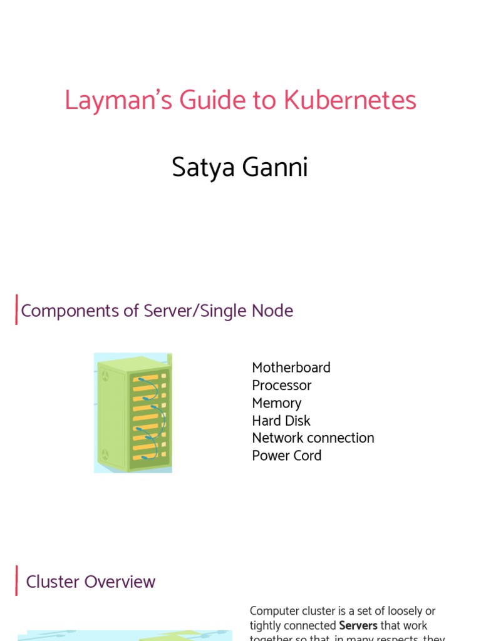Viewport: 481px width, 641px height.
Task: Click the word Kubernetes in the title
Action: tap(350, 101)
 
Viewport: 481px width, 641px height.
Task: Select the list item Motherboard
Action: tap(291, 367)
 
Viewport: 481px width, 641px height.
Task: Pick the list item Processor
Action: tap(281, 385)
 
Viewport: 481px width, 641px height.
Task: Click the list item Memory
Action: tap(276, 403)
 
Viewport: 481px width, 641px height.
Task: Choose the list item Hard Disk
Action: tap(281, 420)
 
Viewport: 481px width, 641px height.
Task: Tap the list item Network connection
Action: tap(313, 438)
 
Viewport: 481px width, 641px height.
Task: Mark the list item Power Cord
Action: tap(286, 455)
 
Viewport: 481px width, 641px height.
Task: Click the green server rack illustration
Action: tap(133, 413)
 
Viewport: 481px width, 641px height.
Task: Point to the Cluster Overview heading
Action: tap(90, 582)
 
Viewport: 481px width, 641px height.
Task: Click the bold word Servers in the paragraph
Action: tap(358, 625)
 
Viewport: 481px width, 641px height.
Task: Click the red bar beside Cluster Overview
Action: tap(16, 581)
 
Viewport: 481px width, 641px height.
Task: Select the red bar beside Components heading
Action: tap(16, 310)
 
